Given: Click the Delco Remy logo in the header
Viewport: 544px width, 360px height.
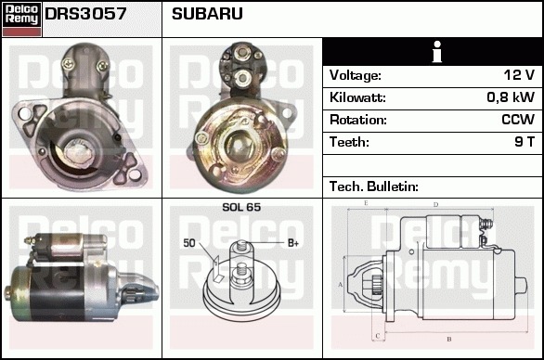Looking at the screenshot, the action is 22,19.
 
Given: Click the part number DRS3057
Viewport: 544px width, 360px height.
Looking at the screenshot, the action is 85,14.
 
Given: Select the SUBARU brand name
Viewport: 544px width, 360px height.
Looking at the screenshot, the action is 207,14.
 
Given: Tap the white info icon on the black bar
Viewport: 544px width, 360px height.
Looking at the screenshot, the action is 437,51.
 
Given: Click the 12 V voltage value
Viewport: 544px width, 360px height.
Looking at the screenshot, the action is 519,74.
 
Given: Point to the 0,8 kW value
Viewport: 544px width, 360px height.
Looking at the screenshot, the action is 511,97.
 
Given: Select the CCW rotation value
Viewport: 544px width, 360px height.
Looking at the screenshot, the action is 518,120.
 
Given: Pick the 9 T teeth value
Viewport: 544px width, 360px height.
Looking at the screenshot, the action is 525,142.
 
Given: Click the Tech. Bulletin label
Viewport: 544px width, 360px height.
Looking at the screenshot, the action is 374,186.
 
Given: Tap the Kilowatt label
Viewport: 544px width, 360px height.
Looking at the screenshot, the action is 357,97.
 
